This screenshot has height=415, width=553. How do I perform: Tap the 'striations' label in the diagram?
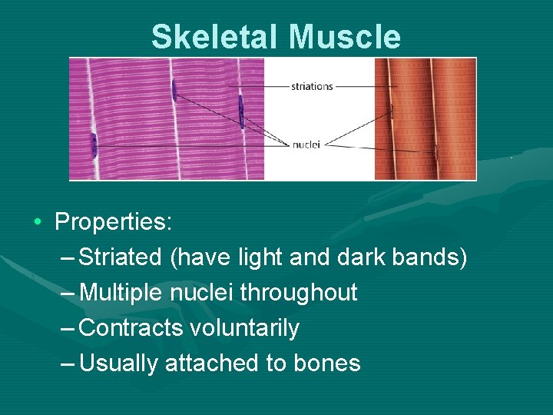[x=312, y=86]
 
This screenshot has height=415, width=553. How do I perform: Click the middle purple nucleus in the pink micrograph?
[x=174, y=91]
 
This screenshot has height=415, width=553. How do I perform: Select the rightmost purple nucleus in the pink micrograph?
[x=240, y=112]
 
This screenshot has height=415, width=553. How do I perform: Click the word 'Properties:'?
[x=114, y=222]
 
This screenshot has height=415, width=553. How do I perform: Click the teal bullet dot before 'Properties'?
[x=38, y=223]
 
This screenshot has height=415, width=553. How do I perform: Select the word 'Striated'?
[x=121, y=257]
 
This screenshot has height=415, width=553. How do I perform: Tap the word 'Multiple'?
[x=121, y=293]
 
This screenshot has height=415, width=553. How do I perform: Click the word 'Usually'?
[x=119, y=364]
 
